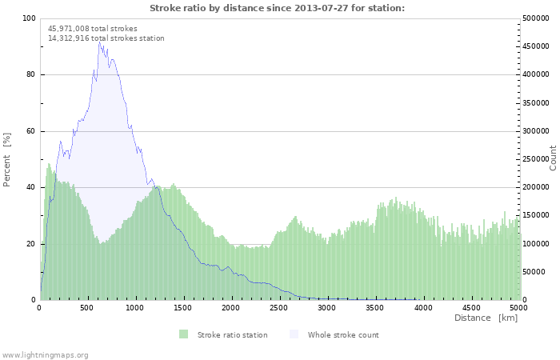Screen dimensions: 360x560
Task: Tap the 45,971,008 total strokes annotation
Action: tap(92, 29)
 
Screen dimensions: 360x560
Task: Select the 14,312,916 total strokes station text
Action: tap(106, 38)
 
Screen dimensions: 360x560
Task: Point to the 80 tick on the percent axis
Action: tap(30, 75)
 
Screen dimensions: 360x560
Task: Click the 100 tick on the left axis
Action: tap(28, 18)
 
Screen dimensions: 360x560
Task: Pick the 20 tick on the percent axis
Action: tap(30, 244)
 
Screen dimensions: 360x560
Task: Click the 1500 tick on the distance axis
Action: tap(183, 307)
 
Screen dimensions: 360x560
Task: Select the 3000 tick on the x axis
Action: tap(326, 307)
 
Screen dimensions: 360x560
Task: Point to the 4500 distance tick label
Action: tap(470, 307)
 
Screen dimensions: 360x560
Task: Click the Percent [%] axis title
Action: tap(7, 159)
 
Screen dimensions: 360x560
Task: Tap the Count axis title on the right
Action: tap(553, 158)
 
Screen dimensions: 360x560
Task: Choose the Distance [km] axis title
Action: tap(486, 318)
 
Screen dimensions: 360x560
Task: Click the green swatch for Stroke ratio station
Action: tap(183, 334)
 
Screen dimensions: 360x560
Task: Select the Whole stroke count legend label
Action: tap(343, 334)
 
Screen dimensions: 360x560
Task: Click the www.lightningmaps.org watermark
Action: tap(45, 354)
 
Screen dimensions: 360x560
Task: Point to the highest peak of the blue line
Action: tap(99, 41)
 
